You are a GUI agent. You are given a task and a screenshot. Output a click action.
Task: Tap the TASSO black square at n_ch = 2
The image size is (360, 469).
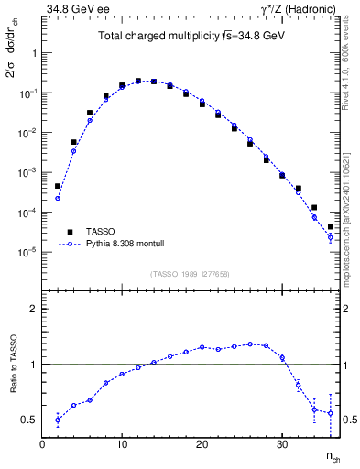coord(58,186)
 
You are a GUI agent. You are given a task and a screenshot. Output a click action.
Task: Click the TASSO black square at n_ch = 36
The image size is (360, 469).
coord(331,226)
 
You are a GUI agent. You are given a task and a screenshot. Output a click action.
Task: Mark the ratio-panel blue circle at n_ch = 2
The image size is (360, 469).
coord(58,420)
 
